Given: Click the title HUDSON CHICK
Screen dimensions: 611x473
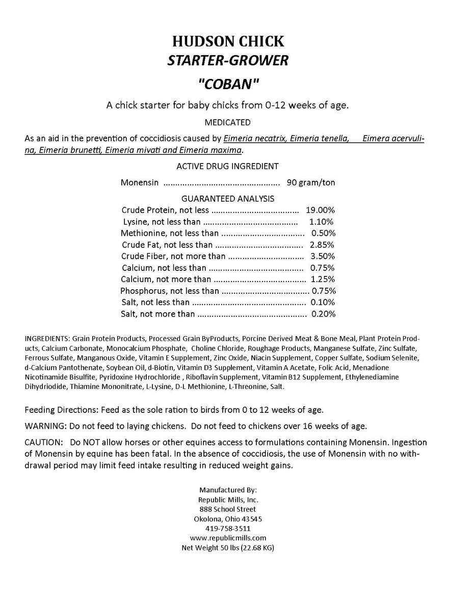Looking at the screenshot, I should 228,41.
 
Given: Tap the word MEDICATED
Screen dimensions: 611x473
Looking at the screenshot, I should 227,122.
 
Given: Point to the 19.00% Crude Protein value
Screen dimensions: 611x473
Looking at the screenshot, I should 320,210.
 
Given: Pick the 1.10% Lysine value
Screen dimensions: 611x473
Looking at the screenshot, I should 321,221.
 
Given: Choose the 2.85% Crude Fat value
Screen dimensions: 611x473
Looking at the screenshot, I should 323,245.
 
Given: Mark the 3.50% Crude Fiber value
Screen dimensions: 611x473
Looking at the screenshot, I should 323,256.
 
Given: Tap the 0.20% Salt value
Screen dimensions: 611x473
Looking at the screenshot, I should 323,314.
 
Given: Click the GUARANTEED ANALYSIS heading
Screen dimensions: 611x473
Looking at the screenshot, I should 228,199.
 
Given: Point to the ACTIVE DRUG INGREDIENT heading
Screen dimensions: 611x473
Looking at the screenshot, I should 227,166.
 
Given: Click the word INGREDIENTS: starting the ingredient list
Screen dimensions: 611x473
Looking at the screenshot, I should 47,338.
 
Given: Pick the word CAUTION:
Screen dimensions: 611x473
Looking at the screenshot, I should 43,442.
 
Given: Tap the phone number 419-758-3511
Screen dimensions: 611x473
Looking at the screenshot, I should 228,529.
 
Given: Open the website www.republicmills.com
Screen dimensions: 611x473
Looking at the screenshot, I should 228,538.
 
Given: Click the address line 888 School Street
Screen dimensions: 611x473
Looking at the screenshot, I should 228,509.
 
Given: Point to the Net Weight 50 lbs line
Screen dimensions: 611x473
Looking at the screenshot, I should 228,548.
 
